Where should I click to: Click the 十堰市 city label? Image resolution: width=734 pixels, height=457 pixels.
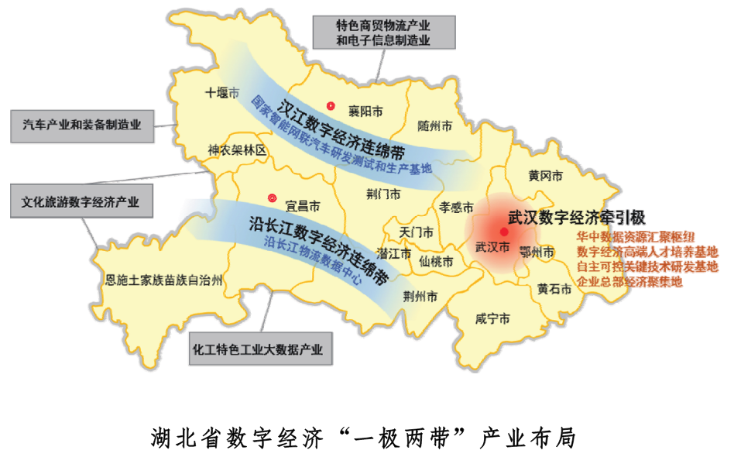[222, 93]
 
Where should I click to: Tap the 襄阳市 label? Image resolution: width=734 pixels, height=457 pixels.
[365, 112]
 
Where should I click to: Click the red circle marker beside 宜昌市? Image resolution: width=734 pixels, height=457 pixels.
[272, 198]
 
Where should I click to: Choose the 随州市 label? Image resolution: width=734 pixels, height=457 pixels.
[434, 125]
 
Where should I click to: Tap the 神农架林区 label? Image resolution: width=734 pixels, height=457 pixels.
[236, 150]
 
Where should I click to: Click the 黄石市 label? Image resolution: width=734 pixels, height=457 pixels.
[554, 289]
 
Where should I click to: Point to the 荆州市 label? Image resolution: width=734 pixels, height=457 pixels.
[420, 296]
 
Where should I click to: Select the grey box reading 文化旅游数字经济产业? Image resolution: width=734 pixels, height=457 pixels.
[81, 202]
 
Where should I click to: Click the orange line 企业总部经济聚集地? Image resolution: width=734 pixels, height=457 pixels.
[629, 282]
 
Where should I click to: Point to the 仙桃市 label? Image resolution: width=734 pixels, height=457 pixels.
[436, 262]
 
